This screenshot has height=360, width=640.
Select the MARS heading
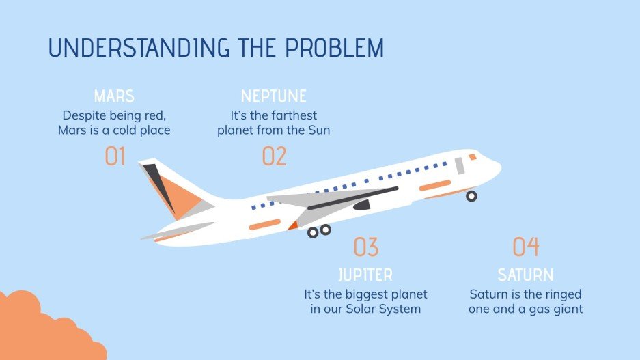pos(114,96)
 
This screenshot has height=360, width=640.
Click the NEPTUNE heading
pos(274,96)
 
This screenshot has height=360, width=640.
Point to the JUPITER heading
pos(365,275)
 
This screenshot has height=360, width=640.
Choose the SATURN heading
pos(525,275)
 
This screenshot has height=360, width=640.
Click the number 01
pos(115,156)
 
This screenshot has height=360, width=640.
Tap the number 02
pos(274,156)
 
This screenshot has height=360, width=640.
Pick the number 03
pos(365,247)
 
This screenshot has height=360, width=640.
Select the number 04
pos(525,247)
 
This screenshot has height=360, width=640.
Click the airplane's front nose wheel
pos(471,196)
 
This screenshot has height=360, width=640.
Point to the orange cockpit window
pos(473,157)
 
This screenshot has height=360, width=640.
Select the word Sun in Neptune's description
pos(318,130)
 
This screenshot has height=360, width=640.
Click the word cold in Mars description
pos(128,130)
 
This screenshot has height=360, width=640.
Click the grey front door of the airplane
pos(460,165)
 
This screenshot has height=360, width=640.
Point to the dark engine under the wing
pos(361,204)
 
